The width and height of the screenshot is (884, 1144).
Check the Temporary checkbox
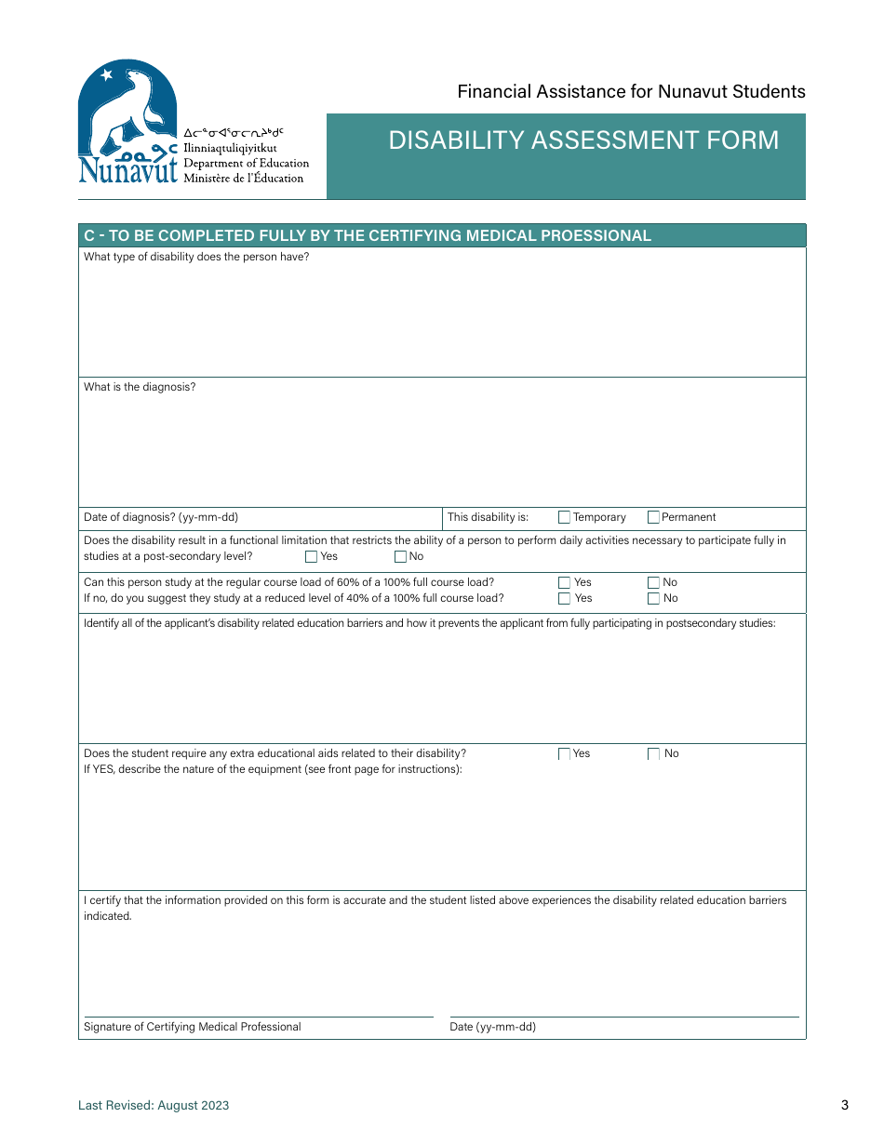(564, 517)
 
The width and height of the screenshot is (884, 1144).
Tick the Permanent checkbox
(653, 517)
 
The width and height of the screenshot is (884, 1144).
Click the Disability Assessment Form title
(583, 140)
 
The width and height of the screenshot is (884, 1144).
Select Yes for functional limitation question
(311, 557)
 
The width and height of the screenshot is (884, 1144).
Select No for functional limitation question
(400, 557)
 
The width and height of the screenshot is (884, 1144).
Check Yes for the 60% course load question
(564, 583)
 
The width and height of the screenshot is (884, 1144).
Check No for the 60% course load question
(653, 583)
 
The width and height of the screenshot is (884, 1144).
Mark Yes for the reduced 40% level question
(564, 599)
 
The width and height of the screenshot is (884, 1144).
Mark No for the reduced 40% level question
(653, 599)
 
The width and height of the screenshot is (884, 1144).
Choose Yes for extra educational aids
(564, 754)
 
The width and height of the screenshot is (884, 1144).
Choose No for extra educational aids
(653, 754)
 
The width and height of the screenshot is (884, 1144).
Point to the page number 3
(845, 1106)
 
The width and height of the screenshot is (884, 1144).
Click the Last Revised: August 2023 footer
(154, 1106)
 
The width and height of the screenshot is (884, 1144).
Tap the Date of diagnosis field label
(161, 517)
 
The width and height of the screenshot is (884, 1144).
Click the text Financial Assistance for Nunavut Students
(631, 91)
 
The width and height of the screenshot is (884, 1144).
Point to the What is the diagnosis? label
(140, 387)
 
